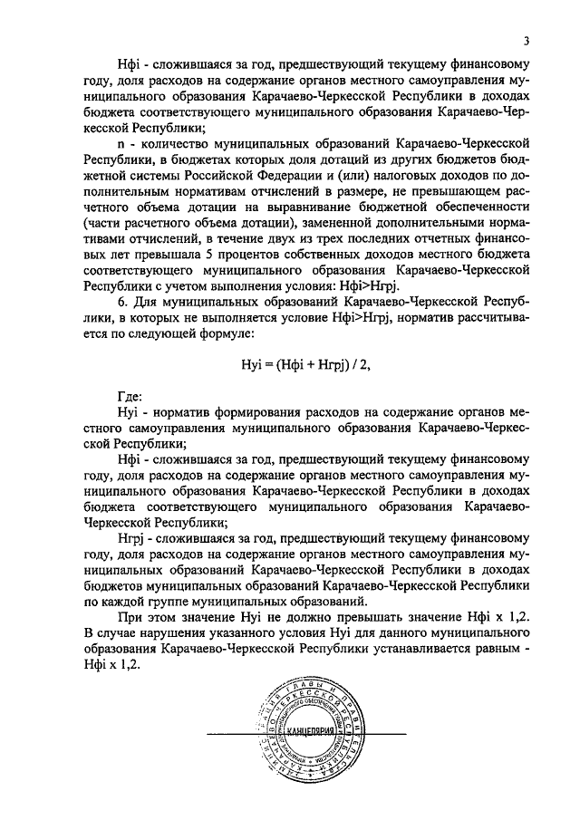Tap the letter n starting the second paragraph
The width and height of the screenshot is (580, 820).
122,143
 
